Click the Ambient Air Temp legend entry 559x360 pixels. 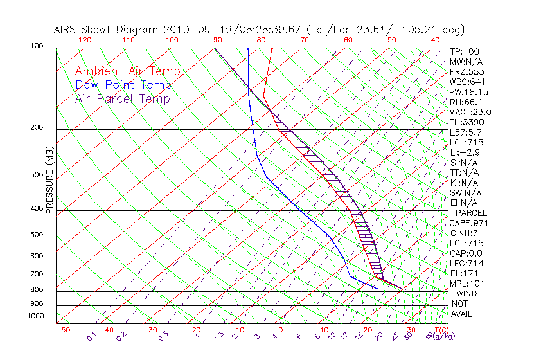[x=127, y=71]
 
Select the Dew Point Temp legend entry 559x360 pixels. [x=123, y=85]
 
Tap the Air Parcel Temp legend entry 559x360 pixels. [x=122, y=98]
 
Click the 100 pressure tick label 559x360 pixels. [x=36, y=46]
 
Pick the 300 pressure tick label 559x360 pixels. [x=36, y=175]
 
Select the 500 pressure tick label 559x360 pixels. [x=36, y=235]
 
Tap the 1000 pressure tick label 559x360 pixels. [x=35, y=316]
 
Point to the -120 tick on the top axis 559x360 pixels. [x=81, y=40]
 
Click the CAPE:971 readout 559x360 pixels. [x=468, y=223]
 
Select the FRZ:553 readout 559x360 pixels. [x=465, y=72]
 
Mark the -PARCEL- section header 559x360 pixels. [x=471, y=213]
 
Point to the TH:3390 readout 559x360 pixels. [x=466, y=122]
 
